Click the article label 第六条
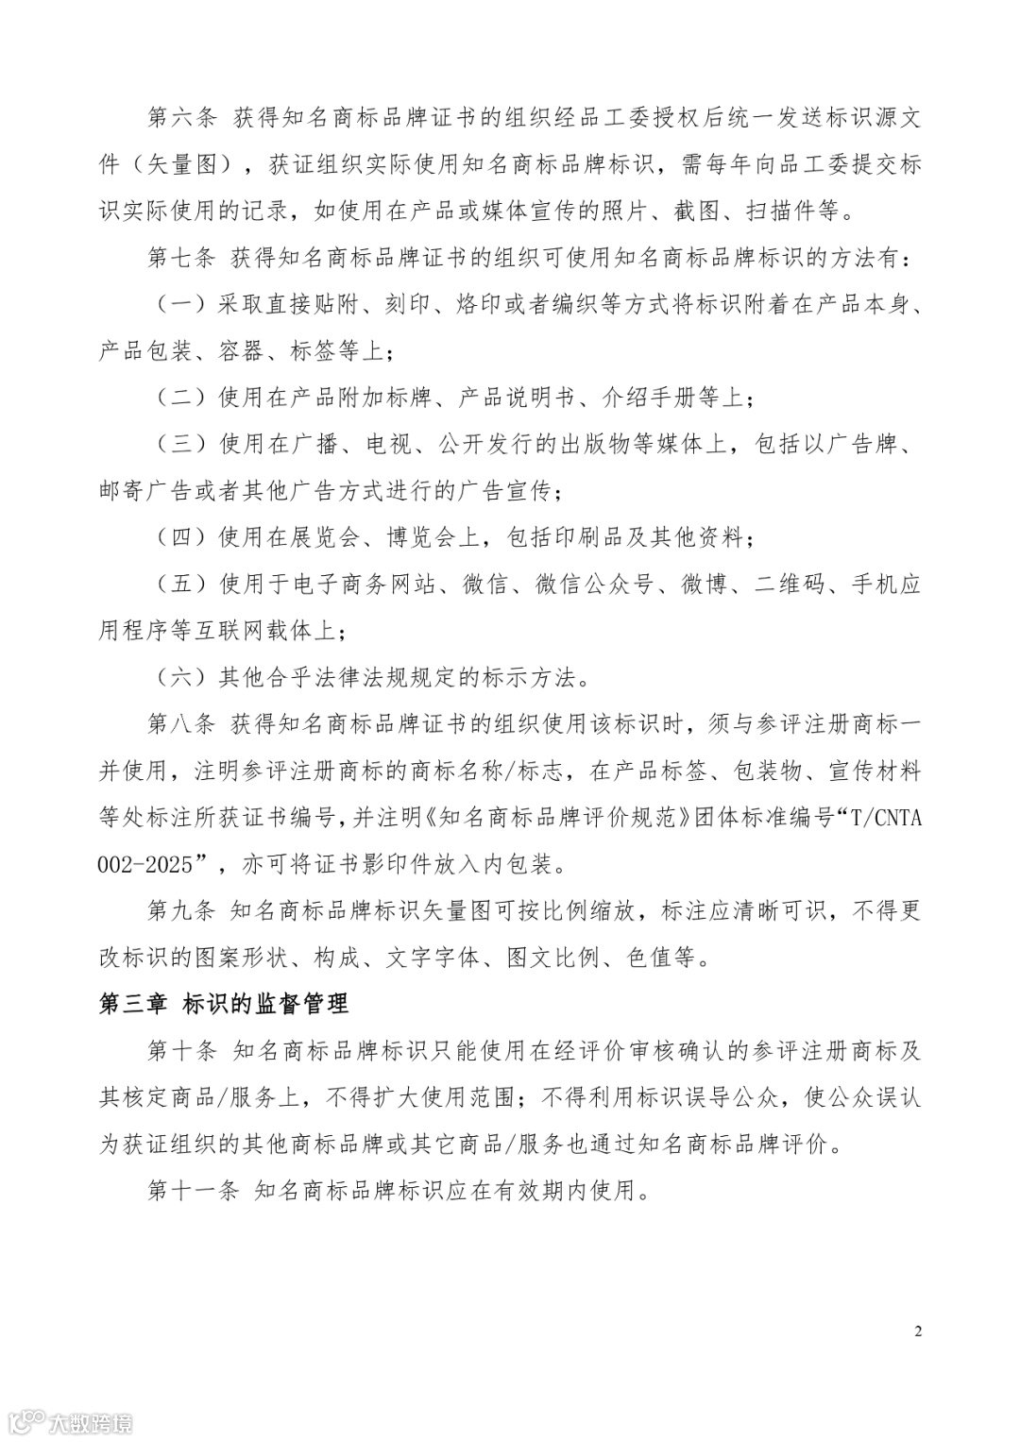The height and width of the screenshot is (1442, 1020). point(183,118)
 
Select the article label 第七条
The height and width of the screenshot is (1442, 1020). point(183,258)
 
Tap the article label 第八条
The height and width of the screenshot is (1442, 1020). point(183,724)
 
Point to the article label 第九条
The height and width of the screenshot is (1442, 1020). point(183,911)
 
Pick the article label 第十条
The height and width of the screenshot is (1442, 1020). point(183,1050)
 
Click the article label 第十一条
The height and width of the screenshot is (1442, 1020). point(195,1190)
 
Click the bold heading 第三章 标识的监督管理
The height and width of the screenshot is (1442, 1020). point(224,1004)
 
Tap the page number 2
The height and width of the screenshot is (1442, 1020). point(918,1332)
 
